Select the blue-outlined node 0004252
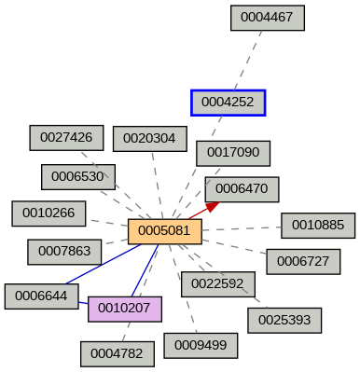click(x=228, y=103)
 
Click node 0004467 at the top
click(x=268, y=18)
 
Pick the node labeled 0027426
click(x=67, y=138)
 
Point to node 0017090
click(x=233, y=152)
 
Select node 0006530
click(x=78, y=177)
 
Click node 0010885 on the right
click(x=318, y=225)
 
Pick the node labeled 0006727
click(x=303, y=261)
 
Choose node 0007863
click(x=64, y=252)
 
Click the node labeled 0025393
click(x=284, y=320)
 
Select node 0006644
click(x=41, y=296)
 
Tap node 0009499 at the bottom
click(x=201, y=345)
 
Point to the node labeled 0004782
click(x=118, y=354)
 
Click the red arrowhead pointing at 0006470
click(x=213, y=206)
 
